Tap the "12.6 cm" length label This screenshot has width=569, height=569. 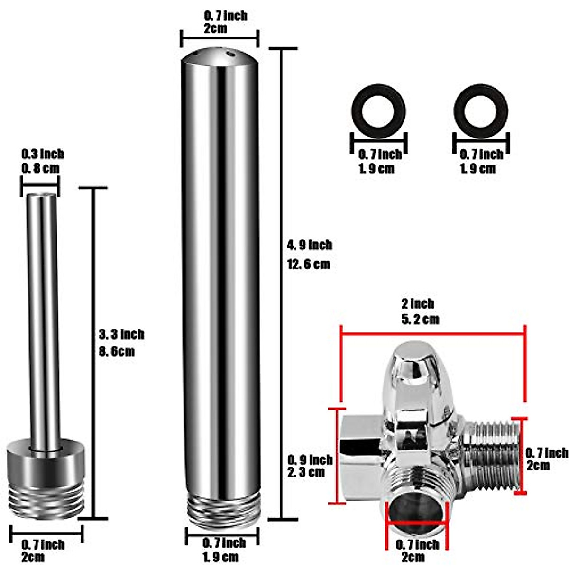[308, 264]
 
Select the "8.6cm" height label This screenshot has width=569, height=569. [117, 351]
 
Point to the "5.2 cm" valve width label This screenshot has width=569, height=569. [420, 319]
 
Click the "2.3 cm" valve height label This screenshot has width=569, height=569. [306, 472]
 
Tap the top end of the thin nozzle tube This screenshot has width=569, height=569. [42, 195]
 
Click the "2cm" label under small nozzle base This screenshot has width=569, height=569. [33, 557]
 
